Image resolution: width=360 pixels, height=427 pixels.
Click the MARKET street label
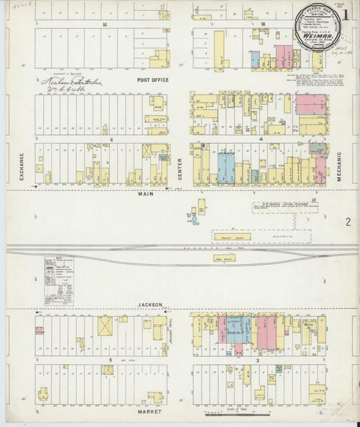click(151, 411)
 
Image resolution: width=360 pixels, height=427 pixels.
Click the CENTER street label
click(180, 165)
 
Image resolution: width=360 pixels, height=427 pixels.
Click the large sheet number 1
click(346, 14)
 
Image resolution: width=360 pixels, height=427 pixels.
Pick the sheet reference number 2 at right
click(348, 222)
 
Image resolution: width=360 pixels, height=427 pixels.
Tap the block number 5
click(109, 361)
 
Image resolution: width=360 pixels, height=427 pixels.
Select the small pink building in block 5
click(39, 330)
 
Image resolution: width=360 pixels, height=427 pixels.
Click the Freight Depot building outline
click(231, 237)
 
